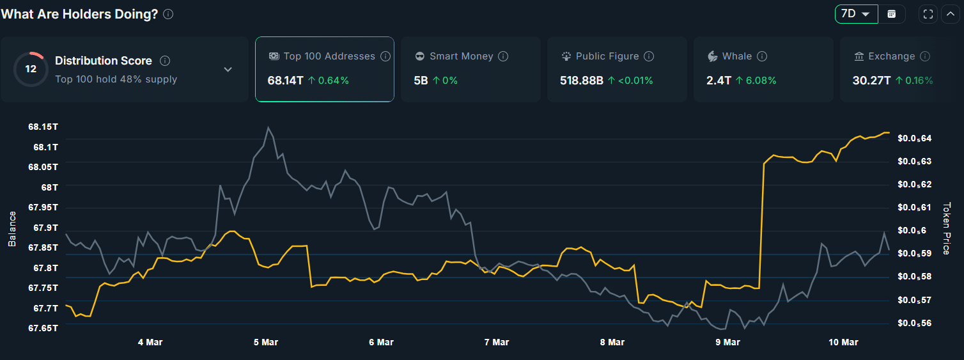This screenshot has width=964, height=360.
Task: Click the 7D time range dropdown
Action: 856,14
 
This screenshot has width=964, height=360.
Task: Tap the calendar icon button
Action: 892,14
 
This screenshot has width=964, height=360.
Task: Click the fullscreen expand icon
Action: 928,14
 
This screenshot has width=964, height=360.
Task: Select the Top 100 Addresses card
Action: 324,69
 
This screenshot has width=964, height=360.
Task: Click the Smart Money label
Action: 461,56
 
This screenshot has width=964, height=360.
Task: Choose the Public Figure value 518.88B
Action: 581,81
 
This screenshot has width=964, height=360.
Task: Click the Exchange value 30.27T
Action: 871,81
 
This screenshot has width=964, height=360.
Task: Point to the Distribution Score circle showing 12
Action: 30,69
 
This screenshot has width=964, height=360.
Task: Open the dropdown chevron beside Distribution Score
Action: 228,69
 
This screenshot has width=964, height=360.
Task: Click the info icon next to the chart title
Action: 168,14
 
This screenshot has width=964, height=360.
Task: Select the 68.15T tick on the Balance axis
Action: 43,127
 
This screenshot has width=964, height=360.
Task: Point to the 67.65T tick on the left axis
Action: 43,328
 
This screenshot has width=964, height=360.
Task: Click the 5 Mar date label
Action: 265,342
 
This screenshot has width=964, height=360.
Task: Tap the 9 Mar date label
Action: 727,342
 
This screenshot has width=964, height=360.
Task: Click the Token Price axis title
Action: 947,229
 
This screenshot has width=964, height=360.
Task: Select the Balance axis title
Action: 12,229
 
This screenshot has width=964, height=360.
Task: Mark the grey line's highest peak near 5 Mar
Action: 268,127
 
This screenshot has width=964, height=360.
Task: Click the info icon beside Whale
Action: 762,56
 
